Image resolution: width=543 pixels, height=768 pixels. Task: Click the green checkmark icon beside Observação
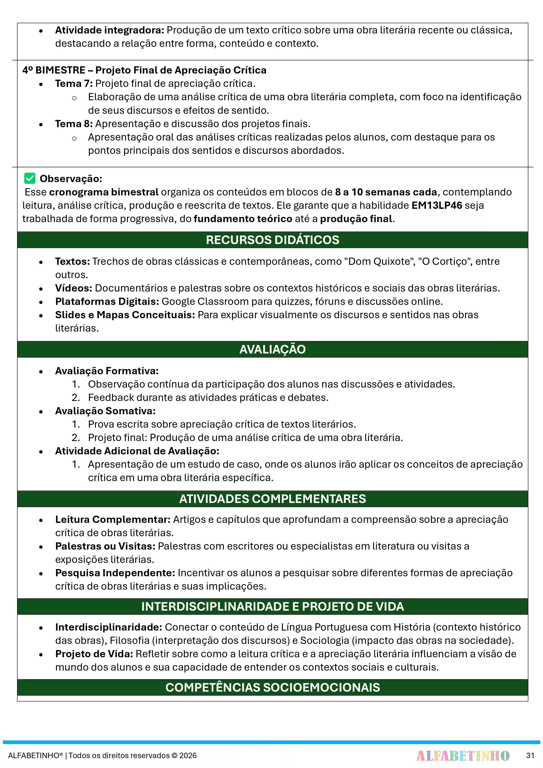(30, 178)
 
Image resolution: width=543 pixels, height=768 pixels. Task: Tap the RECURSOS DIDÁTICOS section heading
(272, 240)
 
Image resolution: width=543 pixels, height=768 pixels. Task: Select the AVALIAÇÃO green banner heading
(272, 349)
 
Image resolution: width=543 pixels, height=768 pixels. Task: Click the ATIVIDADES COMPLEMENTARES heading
(272, 499)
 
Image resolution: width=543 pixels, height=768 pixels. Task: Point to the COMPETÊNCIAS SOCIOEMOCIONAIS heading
(272, 687)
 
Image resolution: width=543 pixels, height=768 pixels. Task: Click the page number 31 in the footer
(530, 755)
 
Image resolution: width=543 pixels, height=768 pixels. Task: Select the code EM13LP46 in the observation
(437, 205)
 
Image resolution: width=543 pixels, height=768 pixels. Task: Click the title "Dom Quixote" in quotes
(379, 261)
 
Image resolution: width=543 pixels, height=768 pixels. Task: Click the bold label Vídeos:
(74, 288)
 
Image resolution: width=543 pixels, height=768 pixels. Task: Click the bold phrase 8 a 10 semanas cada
(386, 192)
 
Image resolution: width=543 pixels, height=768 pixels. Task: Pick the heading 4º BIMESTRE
(54, 70)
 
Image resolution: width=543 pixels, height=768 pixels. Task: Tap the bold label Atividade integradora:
(109, 30)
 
